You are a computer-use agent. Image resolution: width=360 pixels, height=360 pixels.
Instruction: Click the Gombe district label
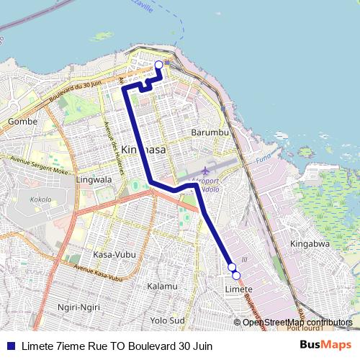click(22, 122)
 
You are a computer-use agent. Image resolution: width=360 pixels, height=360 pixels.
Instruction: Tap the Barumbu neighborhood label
click(210, 132)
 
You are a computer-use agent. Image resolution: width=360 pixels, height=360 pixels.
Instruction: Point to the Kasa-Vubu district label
click(112, 255)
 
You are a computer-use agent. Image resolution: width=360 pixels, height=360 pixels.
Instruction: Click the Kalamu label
click(162, 286)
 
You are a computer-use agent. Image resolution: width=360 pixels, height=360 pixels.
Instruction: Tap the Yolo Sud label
click(168, 320)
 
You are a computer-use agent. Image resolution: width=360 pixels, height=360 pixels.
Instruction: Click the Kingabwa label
click(310, 244)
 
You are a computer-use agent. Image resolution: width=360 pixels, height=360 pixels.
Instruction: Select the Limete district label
click(238, 289)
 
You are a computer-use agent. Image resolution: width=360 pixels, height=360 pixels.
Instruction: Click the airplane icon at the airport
click(205, 171)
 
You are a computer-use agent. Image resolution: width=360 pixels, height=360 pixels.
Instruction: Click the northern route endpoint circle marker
click(159, 65)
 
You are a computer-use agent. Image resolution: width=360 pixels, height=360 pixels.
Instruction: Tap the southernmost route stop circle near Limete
click(235, 275)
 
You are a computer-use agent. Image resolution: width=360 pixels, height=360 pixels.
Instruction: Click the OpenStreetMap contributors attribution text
click(297, 322)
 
